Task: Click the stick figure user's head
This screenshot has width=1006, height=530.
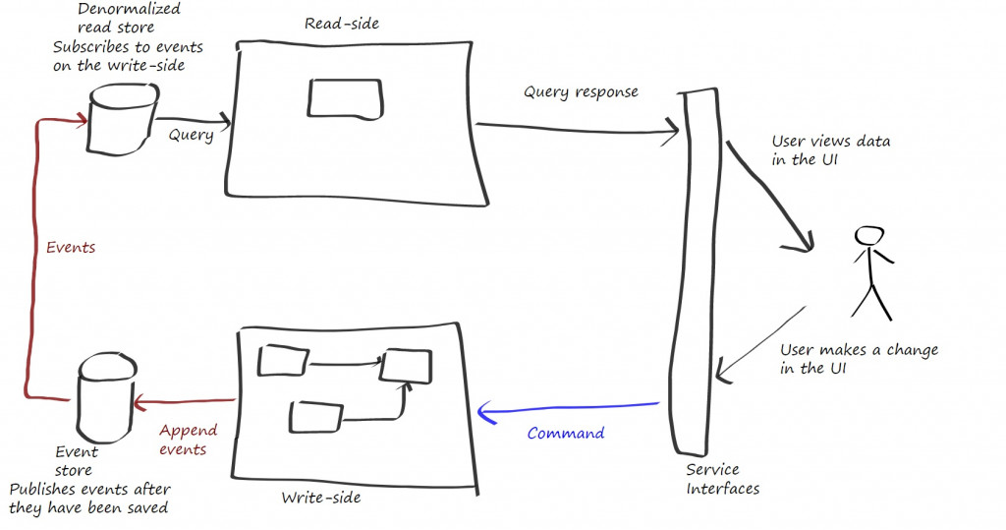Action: tap(869, 236)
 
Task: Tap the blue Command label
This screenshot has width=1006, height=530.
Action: tap(566, 433)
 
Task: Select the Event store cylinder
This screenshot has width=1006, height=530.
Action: tap(103, 397)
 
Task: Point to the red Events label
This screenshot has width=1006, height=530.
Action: tap(71, 248)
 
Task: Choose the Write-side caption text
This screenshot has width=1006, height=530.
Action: tap(320, 498)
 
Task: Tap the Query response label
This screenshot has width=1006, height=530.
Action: tap(581, 91)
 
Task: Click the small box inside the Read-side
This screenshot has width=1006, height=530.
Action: tap(346, 98)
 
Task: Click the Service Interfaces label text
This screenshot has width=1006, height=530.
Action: tap(722, 479)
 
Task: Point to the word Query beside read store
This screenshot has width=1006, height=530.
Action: tap(191, 135)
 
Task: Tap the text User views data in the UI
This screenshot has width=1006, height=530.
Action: tap(830, 150)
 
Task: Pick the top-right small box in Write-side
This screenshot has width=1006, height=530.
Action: tap(406, 365)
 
